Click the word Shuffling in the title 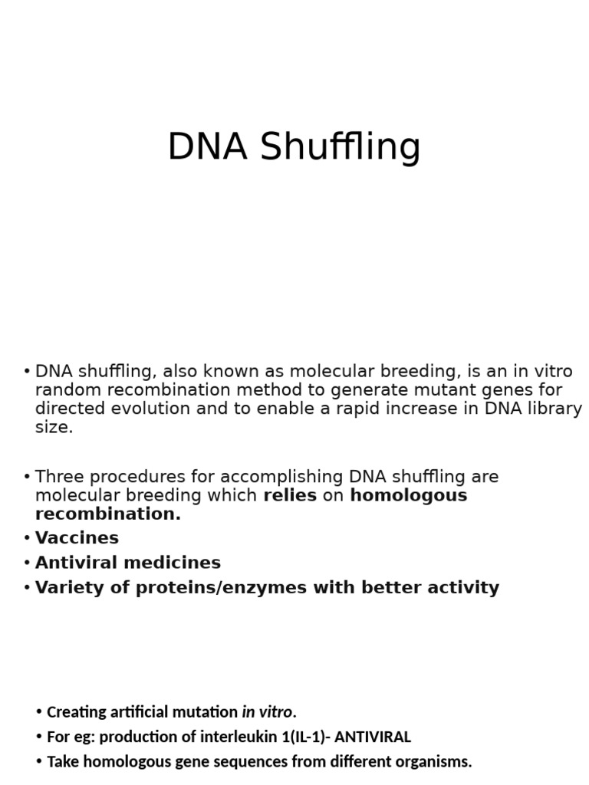pyautogui.click(x=340, y=146)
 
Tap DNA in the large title pyautogui.click(x=207, y=146)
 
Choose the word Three pyautogui.click(x=59, y=476)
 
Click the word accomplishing pyautogui.click(x=281, y=477)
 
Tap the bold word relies pyautogui.click(x=290, y=495)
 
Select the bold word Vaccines pyautogui.click(x=77, y=537)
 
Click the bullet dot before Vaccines pyautogui.click(x=27, y=538)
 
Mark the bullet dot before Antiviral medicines pyautogui.click(x=27, y=563)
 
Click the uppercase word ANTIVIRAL pyautogui.click(x=373, y=737)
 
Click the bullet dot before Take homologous pyautogui.click(x=39, y=762)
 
